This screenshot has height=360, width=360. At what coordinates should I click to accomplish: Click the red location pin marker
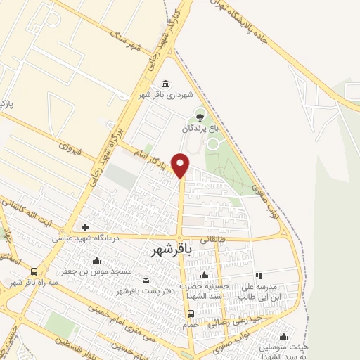(x=181, y=165)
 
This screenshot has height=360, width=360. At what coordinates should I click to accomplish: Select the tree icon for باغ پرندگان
(x=200, y=117)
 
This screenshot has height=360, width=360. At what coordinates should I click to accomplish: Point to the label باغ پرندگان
(x=196, y=129)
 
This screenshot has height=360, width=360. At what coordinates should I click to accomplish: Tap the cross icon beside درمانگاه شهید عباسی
(x=86, y=227)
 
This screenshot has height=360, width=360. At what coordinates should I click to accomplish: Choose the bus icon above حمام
(x=191, y=314)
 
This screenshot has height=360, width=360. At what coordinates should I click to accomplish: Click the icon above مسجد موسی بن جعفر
(x=97, y=260)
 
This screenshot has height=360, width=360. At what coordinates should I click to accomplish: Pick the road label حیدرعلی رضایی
(x=239, y=318)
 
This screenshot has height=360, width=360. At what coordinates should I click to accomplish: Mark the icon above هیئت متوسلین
(x=283, y=336)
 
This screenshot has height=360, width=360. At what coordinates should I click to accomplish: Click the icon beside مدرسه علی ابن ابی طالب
(x=259, y=276)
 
